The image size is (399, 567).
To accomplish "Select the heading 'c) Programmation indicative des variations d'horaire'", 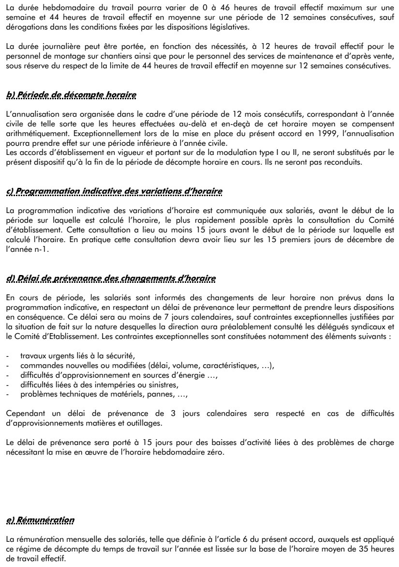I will (115, 191).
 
